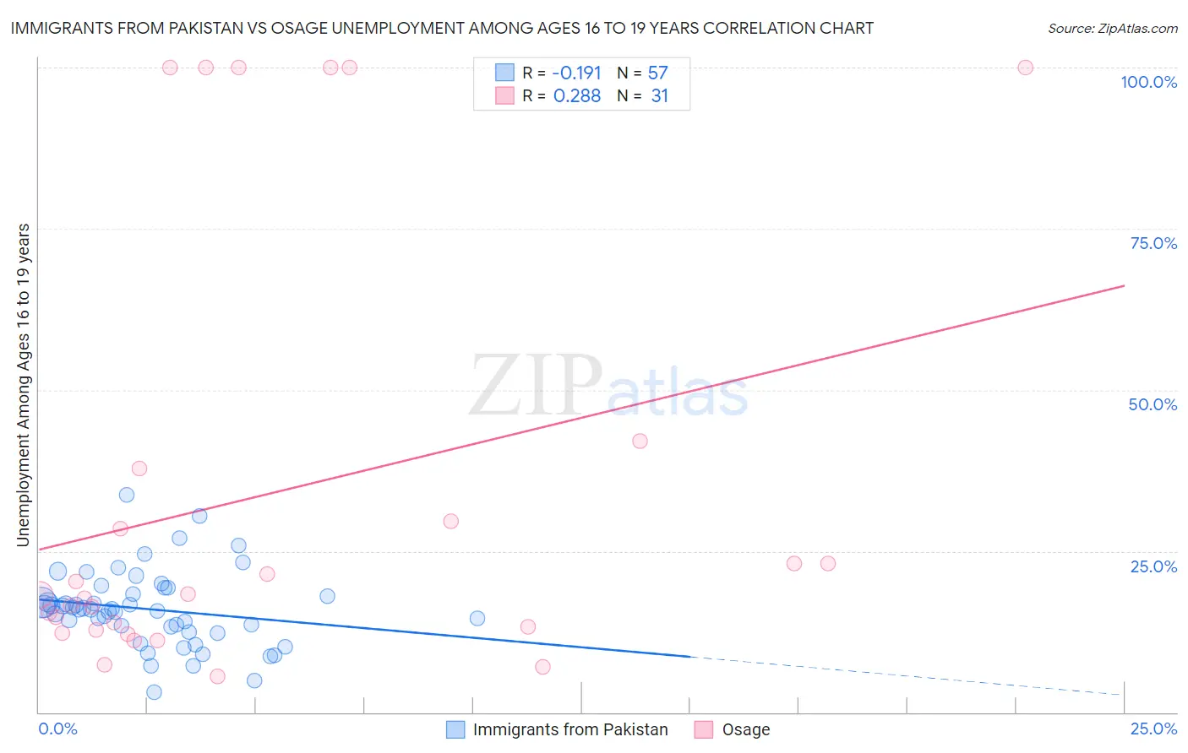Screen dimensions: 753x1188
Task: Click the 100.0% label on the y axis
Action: [x=1148, y=82]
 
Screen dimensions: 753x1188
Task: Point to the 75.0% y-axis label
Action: [x=1153, y=243]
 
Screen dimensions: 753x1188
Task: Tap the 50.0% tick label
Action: [x=1153, y=404]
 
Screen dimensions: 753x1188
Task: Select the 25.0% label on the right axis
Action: [x=1153, y=566]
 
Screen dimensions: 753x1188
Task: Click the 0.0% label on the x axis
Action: [x=57, y=729]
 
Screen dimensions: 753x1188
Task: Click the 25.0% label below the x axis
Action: [x=1153, y=729]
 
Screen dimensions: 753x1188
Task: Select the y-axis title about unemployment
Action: [x=24, y=385]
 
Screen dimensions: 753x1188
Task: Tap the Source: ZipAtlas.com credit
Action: [x=1112, y=28]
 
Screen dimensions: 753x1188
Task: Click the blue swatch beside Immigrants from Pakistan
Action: [x=455, y=729]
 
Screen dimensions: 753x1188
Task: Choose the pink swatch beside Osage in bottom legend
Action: [x=704, y=729]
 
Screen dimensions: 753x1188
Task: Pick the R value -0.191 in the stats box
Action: [x=576, y=73]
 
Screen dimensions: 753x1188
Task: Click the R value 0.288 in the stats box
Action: [x=576, y=96]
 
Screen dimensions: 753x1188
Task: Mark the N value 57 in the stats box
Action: [x=657, y=73]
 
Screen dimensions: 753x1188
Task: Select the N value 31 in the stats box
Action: [x=659, y=96]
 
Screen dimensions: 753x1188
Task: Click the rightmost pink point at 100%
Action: [x=1025, y=68]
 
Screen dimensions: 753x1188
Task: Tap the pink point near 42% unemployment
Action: [x=640, y=441]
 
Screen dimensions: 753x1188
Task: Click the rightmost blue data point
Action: [x=477, y=618]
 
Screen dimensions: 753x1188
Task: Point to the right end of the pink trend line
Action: [x=1124, y=286]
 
